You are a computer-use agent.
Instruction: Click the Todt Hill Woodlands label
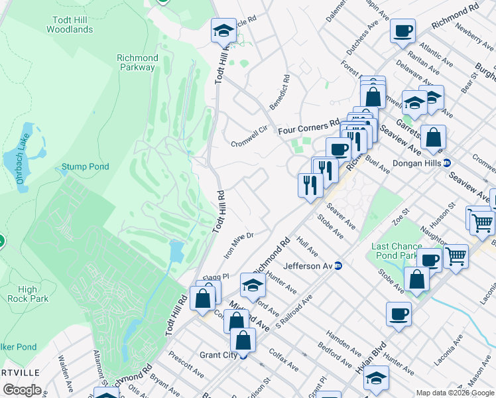click(x=70, y=25)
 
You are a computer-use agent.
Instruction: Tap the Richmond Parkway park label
click(x=137, y=62)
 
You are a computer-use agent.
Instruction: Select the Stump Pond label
click(x=85, y=166)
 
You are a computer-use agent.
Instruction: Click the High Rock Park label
click(x=28, y=294)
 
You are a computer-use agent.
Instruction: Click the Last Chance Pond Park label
click(x=397, y=251)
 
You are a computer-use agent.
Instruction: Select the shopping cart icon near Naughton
click(x=455, y=255)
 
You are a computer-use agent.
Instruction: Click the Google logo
click(x=22, y=390)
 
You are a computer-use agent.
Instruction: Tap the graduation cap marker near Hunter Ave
click(x=253, y=285)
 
